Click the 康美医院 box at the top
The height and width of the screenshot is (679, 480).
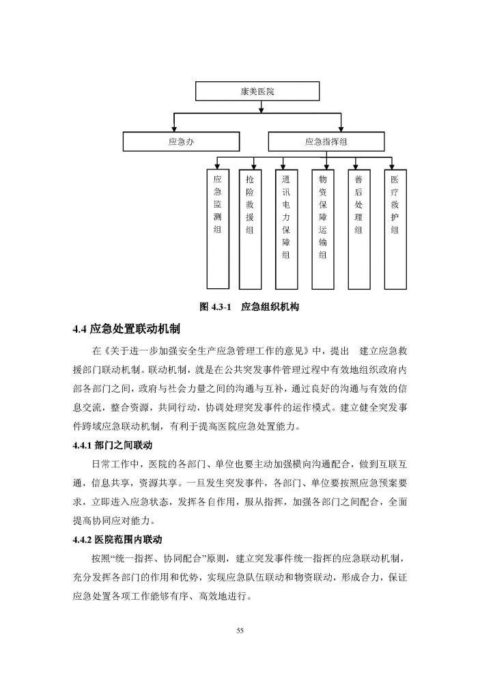[257, 92]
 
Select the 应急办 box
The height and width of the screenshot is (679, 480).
[181, 142]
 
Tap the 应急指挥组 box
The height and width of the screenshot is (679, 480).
[326, 142]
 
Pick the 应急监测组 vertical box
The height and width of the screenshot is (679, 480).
[217, 228]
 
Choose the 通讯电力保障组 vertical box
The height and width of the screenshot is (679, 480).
[287, 228]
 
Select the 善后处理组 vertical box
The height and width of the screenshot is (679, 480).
[358, 228]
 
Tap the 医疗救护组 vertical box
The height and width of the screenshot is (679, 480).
[394, 228]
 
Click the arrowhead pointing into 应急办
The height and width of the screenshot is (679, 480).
[175, 129]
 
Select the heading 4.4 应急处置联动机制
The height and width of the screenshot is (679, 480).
[126, 329]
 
